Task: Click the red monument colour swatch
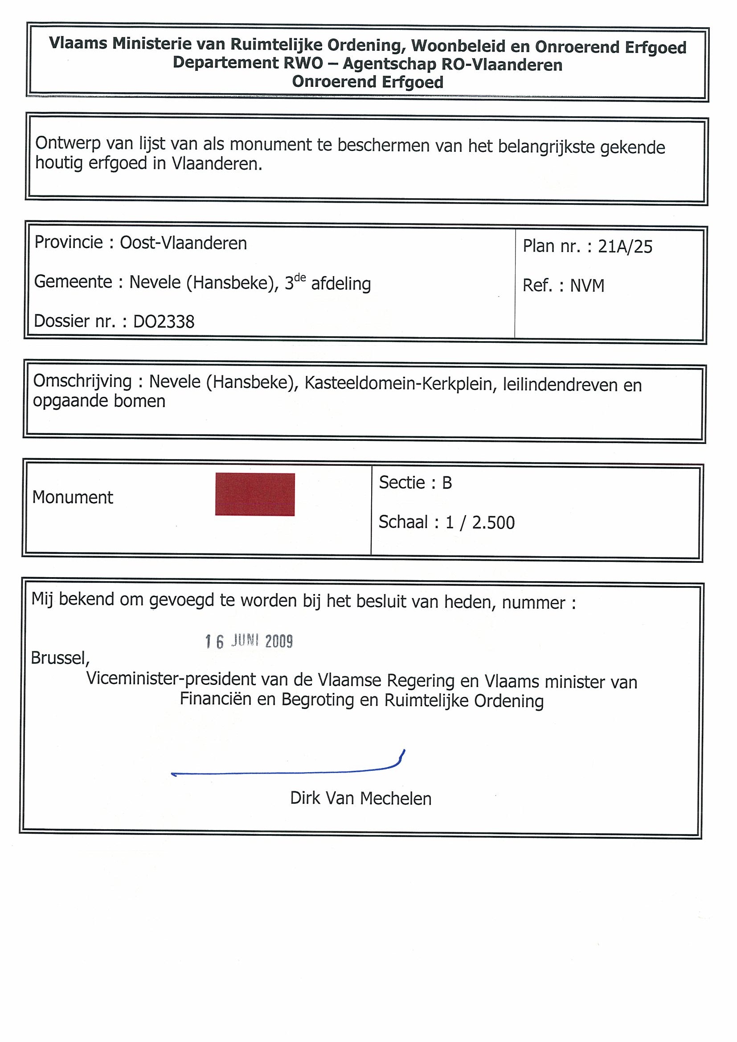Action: coord(255,494)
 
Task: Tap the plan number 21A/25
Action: coord(625,246)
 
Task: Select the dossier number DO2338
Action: coord(164,322)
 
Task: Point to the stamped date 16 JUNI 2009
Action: coord(249,641)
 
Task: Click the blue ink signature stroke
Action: coord(286,771)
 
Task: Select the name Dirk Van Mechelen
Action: coord(360,798)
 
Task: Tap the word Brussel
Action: coord(60,658)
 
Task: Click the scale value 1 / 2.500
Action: coord(480,523)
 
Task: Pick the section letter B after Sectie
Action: coord(447,483)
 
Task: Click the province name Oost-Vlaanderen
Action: coord(183,243)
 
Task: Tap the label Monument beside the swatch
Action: coord(73,497)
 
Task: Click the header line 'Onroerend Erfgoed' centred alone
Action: coord(367,82)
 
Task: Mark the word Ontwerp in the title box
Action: coord(68,143)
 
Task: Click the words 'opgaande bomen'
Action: coord(99,401)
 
